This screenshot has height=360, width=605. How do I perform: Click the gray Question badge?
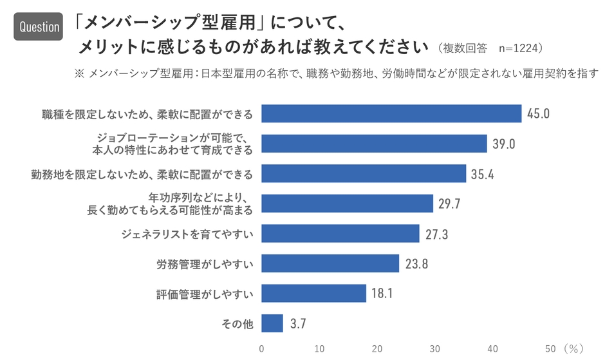pyautogui.click(x=39, y=26)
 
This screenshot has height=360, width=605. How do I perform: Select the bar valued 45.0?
pyautogui.click(x=391, y=113)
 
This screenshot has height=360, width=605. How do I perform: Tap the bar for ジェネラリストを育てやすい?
pyautogui.click(x=340, y=234)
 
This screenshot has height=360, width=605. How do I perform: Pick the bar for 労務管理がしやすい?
pyautogui.click(x=330, y=263)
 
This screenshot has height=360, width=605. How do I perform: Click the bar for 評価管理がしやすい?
pyautogui.click(x=314, y=294)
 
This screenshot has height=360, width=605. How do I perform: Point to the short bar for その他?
pyautogui.click(x=272, y=323)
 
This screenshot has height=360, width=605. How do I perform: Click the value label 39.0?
pyautogui.click(x=504, y=144)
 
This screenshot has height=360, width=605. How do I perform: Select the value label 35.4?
pyautogui.click(x=483, y=174)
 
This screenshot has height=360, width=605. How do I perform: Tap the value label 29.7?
pyautogui.click(x=450, y=204)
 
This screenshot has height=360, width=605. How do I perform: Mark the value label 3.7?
pyautogui.click(x=297, y=323)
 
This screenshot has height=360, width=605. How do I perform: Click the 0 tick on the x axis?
pyautogui.click(x=261, y=348)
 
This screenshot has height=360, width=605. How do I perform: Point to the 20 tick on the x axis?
pyautogui.click(x=377, y=348)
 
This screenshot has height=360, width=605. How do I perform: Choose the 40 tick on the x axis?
pyautogui.click(x=492, y=348)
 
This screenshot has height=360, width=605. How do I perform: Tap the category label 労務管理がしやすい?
pyautogui.click(x=205, y=264)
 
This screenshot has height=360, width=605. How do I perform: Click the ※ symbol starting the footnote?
pyautogui.click(x=80, y=73)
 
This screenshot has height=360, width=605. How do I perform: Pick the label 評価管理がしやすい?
pyautogui.click(x=205, y=294)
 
